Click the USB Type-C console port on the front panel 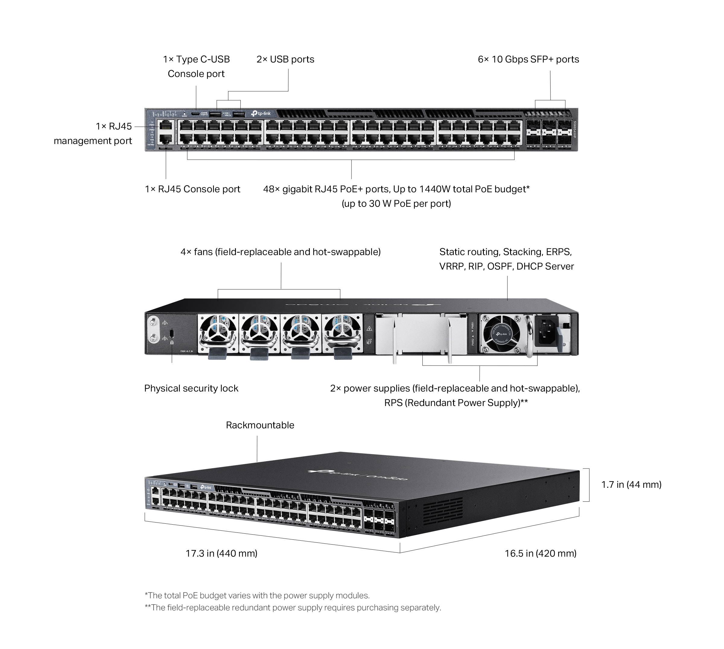click(x=195, y=113)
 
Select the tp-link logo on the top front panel click(x=261, y=113)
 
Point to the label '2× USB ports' click(x=285, y=59)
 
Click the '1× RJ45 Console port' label click(x=192, y=189)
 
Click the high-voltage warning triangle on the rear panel click(x=370, y=328)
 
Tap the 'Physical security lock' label click(x=191, y=388)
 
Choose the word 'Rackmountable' click(x=260, y=425)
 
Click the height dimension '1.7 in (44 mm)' click(x=631, y=484)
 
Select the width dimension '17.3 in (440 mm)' click(x=221, y=553)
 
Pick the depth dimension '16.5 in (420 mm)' click(x=540, y=553)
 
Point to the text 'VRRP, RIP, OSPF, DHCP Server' click(x=506, y=266)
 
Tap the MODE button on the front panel click(x=184, y=113)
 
